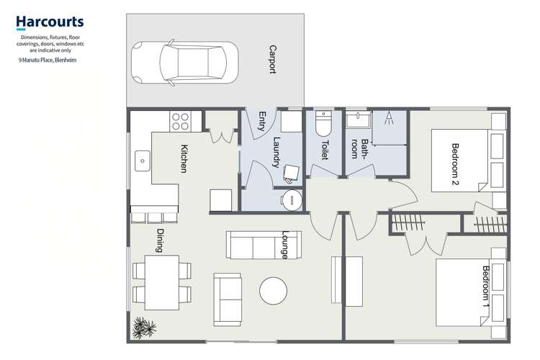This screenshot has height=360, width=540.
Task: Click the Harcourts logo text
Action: pyautogui.click(x=50, y=23)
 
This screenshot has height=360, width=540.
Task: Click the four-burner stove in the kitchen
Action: pyautogui.click(x=180, y=121)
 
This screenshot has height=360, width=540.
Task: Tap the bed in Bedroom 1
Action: pyautogui.click(x=472, y=294)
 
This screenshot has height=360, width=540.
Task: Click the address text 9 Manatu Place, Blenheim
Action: pyautogui.click(x=48, y=60)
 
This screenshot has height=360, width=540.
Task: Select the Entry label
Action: pyautogui.click(x=262, y=122)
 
